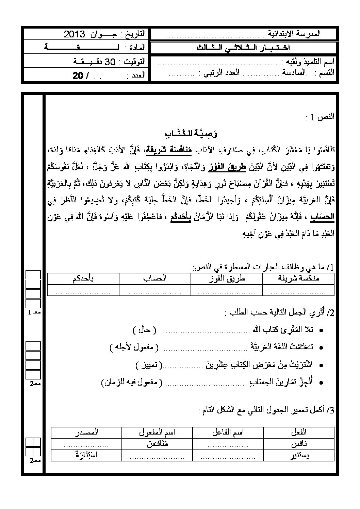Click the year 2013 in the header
pos(74,34)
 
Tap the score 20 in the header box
pos(78,76)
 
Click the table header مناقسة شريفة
pos(298,278)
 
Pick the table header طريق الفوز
pos(226,278)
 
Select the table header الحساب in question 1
pos(155,278)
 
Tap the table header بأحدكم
pos(83,278)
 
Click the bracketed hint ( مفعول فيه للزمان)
pos(132,383)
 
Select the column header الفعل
pos(298,432)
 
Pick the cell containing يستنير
pos(298,455)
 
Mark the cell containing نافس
pos(298,444)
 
